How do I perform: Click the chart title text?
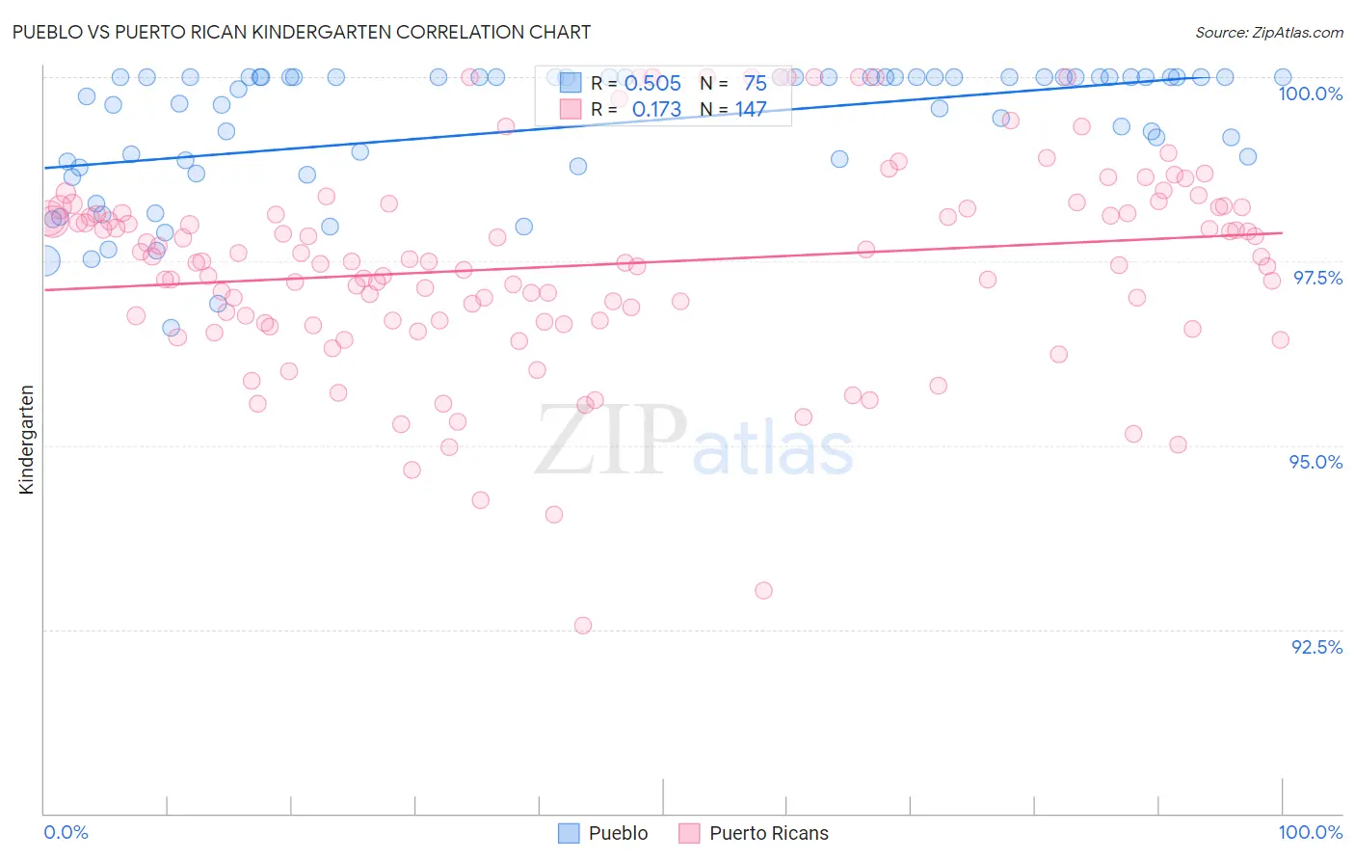(x=301, y=32)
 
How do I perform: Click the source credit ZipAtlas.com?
(x=1268, y=33)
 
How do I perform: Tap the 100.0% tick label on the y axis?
(x=1310, y=94)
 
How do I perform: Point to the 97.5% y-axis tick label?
(x=1316, y=278)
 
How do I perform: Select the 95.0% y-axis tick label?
(x=1315, y=462)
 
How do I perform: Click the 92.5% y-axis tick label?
(x=1316, y=647)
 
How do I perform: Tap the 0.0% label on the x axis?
(x=66, y=832)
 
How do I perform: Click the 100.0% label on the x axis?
(x=1310, y=832)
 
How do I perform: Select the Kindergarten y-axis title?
(x=27, y=440)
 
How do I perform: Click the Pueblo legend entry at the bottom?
(x=618, y=833)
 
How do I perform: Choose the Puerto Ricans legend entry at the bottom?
(x=768, y=833)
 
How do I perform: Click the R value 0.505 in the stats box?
(x=652, y=84)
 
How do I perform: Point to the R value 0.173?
(x=656, y=110)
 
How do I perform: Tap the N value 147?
(x=751, y=110)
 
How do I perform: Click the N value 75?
(x=755, y=84)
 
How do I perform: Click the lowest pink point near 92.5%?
(x=583, y=626)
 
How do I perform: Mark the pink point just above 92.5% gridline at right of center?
(x=763, y=590)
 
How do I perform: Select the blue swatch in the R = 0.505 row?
(x=571, y=84)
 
